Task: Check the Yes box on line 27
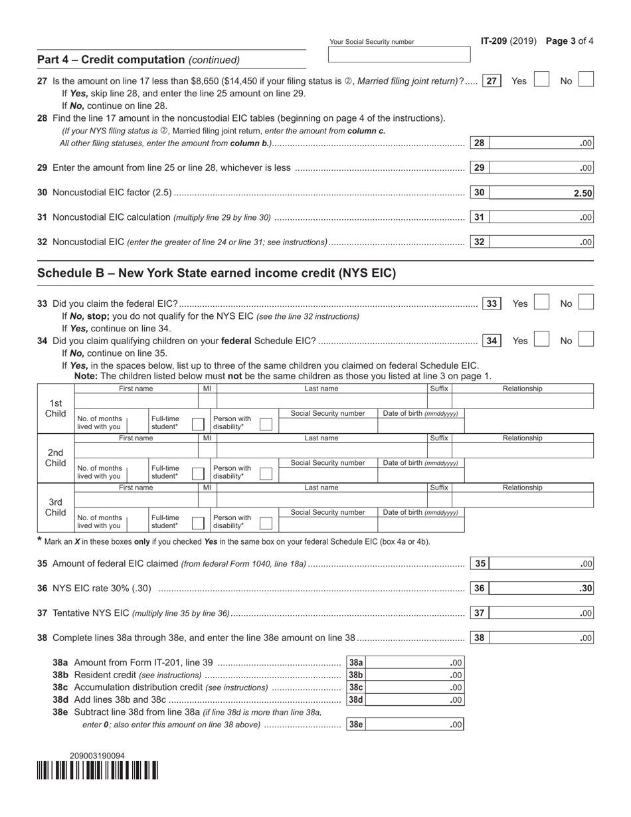542,80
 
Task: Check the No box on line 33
586,303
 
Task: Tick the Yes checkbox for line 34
542,340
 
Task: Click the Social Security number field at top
399,54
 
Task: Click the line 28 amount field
541,143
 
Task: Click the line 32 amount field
541,242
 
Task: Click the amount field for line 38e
415,725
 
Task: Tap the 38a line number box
356,662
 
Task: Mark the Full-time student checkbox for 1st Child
198,423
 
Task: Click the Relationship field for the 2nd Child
522,451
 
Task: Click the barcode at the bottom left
98,770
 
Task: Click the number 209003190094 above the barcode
97,755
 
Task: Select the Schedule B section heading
217,273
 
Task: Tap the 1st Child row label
56,408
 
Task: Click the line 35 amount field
541,564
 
